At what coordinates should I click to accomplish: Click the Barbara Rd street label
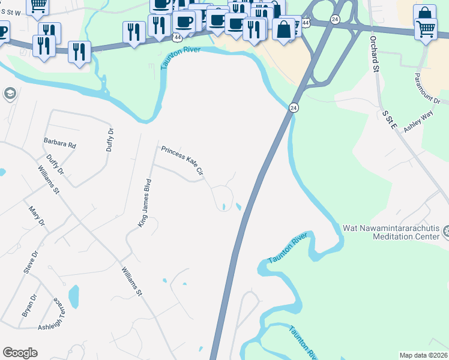(x=59, y=145)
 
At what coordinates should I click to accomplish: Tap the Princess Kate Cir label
(x=182, y=161)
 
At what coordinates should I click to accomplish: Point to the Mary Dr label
(x=37, y=217)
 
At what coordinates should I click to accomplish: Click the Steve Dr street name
(x=31, y=262)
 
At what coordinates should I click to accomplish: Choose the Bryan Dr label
(x=29, y=305)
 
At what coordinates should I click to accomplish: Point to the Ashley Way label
(x=418, y=122)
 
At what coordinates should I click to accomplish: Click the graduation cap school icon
(x=10, y=94)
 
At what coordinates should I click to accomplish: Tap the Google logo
(x=20, y=353)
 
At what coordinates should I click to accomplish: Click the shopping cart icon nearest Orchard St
(x=426, y=28)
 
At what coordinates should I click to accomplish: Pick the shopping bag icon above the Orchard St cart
(x=424, y=13)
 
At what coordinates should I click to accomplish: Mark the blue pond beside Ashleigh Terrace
(x=73, y=295)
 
